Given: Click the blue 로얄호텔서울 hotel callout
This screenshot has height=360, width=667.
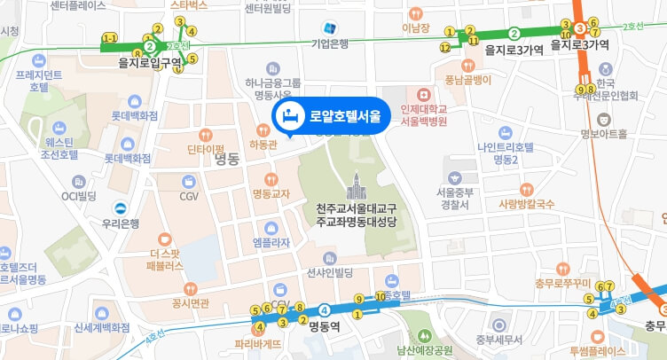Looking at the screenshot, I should point(329,115).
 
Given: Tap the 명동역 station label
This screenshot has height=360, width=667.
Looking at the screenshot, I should point(326,325).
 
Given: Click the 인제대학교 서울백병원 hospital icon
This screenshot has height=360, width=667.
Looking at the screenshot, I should point(422,93).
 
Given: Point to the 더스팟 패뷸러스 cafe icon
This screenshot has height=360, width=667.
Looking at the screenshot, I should point(164,239).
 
